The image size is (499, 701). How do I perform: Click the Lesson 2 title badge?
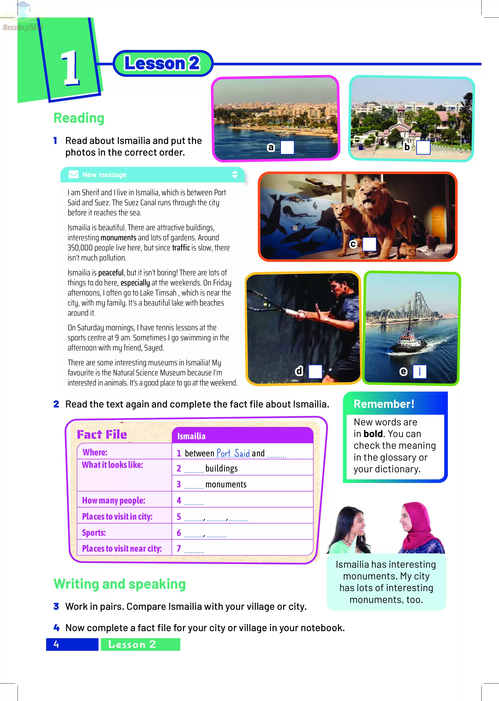tap(163, 63)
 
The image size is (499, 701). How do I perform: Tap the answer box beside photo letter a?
tap(287, 147)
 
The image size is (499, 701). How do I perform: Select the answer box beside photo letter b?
tap(423, 147)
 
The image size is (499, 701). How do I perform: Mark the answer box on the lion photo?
tap(369, 244)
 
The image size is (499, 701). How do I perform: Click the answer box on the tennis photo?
tap(315, 371)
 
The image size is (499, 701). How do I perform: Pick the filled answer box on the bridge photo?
tap(419, 371)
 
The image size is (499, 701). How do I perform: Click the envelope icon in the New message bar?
tap(74, 175)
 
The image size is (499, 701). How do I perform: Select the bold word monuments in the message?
tap(118, 238)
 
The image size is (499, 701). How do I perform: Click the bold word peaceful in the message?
tap(111, 273)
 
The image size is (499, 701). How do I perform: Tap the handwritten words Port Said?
tap(233, 453)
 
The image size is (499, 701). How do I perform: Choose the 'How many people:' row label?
tap(113, 500)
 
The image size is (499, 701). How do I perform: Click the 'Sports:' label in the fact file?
tap(94, 533)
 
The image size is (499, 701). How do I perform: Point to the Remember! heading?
tap(384, 404)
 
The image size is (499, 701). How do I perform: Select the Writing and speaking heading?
tap(120, 584)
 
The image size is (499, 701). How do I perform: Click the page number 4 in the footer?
tap(56, 644)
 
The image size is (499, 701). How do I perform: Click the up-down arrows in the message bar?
tap(235, 175)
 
